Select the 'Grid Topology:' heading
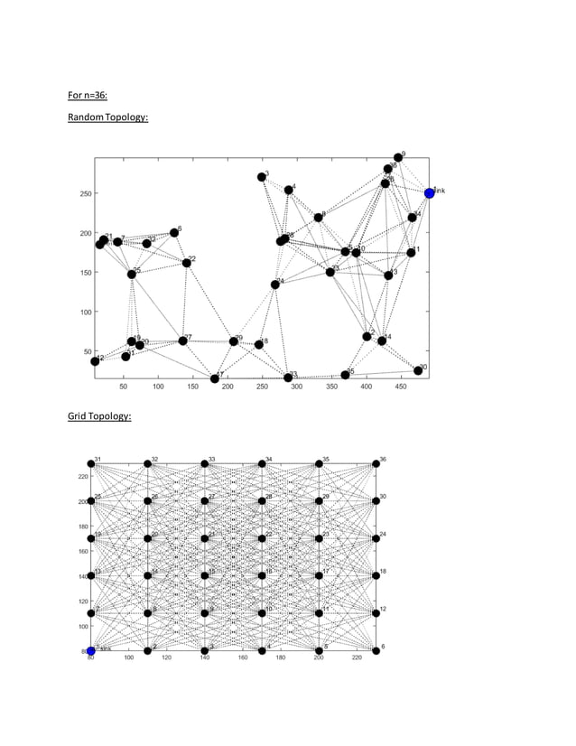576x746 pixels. pyautogui.click(x=99, y=416)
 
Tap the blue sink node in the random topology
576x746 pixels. pyautogui.click(x=429, y=193)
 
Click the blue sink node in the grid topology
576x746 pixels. pyautogui.click(x=90, y=650)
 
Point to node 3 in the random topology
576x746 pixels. pyautogui.click(x=262, y=177)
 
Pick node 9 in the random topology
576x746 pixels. pyautogui.click(x=398, y=158)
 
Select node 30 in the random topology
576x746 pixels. pyautogui.click(x=418, y=370)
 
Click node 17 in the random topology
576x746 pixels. pyautogui.click(x=215, y=378)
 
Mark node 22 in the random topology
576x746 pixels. pyautogui.click(x=187, y=263)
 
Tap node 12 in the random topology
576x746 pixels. pyautogui.click(x=95, y=361)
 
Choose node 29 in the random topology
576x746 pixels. pyautogui.click(x=234, y=341)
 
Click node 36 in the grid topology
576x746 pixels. pyautogui.click(x=376, y=464)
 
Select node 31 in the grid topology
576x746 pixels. pyautogui.click(x=90, y=464)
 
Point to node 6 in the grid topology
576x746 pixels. pyautogui.click(x=376, y=650)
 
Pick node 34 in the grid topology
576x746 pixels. pyautogui.click(x=262, y=464)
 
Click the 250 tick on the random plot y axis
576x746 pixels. pyautogui.click(x=83, y=193)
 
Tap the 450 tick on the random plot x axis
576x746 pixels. pyautogui.click(x=401, y=387)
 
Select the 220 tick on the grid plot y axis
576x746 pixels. pyautogui.click(x=82, y=476)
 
